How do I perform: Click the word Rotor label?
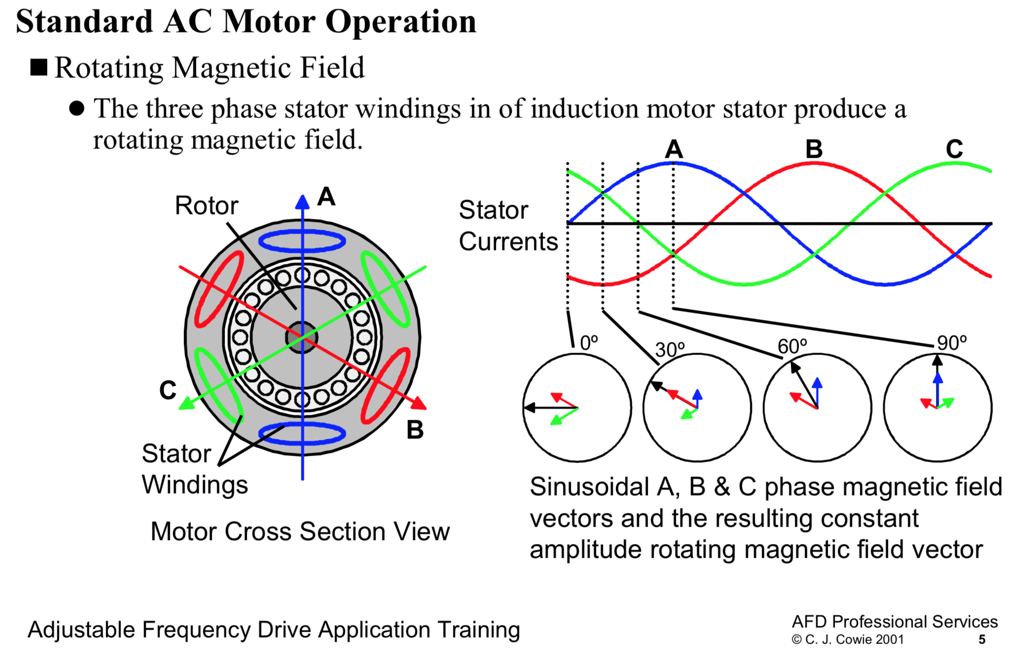tap(206, 206)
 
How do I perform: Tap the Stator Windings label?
tap(194, 469)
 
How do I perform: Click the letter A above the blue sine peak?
tap(674, 149)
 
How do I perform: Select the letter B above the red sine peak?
tap(814, 149)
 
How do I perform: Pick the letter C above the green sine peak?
tap(954, 149)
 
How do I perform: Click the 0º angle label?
tap(589, 343)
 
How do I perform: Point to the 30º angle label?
tap(670, 350)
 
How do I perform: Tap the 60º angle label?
tap(792, 346)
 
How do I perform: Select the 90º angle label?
tap(951, 343)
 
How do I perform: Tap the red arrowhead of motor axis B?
tap(420, 404)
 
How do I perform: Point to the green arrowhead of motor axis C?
tap(185, 404)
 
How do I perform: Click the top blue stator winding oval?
tap(302, 242)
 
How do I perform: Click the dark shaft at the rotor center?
tap(302, 338)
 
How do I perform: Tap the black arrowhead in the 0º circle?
tap(529, 408)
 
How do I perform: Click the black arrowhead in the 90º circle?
tap(938, 360)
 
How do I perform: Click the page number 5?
tap(981, 640)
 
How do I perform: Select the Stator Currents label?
tap(508, 225)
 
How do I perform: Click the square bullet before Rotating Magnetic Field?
tap(39, 68)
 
